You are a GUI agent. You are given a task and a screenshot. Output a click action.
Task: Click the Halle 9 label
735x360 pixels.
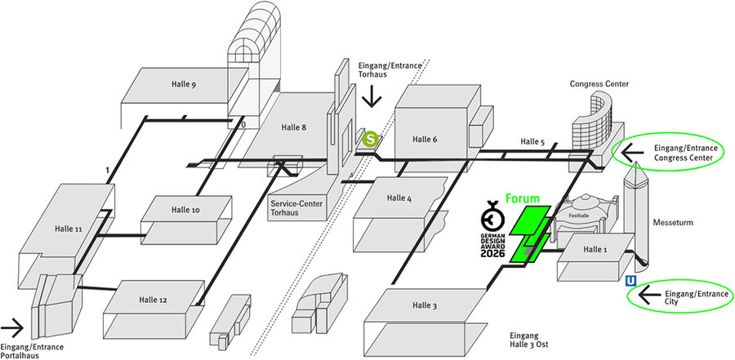pos(184,83)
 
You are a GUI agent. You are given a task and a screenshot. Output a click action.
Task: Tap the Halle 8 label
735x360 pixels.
pos(293,127)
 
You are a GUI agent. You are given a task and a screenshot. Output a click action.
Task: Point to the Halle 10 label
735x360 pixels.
pos(185,210)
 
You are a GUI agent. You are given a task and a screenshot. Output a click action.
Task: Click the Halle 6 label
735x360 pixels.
pos(425,140)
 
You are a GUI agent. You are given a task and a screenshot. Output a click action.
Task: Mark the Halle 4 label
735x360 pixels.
pos(399,198)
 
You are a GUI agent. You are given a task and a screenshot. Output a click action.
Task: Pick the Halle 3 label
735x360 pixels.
pos(425,306)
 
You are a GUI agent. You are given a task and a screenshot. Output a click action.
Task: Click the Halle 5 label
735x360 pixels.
pos(532,143)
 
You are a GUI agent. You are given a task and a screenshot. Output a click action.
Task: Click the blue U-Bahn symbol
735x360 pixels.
pos(630,281)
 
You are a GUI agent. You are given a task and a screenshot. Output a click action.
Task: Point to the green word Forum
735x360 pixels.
pos(523,198)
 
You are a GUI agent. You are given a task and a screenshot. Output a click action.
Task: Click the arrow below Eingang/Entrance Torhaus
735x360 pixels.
pos(372,98)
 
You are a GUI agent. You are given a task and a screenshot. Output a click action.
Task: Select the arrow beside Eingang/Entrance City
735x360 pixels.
pos(651,296)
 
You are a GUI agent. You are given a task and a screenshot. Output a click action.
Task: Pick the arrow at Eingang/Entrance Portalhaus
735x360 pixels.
pos(12,331)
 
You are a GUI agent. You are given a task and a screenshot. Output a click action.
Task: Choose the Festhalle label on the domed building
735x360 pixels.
pos(577,215)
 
